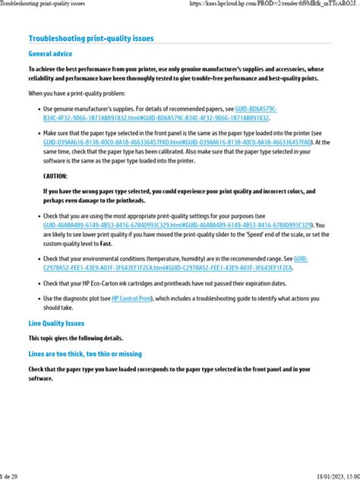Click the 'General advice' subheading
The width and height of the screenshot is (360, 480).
pyautogui.click(x=50, y=54)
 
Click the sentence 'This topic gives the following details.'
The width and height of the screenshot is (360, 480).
pyautogui.click(x=75, y=338)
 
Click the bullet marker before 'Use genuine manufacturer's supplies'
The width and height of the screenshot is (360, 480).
pyautogui.click(x=36, y=109)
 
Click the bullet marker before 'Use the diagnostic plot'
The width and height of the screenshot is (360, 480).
pyautogui.click(x=36, y=298)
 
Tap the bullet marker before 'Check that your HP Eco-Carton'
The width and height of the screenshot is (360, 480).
pyautogui.click(x=36, y=283)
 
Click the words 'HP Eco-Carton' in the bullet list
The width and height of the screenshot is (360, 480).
pyautogui.click(x=103, y=283)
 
